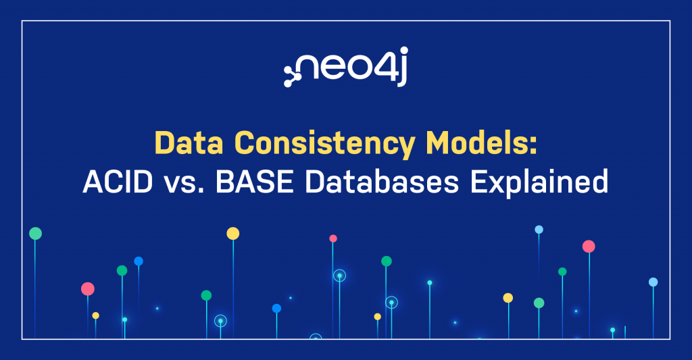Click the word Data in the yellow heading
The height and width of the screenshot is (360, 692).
click(189, 143)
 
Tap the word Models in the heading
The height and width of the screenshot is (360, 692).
click(476, 143)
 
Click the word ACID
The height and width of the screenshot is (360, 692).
click(118, 181)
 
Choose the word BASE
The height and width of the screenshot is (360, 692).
click(255, 181)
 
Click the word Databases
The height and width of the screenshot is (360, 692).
click(382, 181)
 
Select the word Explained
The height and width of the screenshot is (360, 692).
click(539, 183)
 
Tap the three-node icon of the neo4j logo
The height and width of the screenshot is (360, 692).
click(292, 75)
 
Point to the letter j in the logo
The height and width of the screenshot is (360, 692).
click(401, 67)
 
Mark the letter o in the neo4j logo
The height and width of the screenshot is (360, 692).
click(359, 68)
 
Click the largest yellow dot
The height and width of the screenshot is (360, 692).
click(233, 234)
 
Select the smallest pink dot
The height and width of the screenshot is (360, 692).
click(333, 238)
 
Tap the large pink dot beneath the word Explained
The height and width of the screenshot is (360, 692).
click(589, 247)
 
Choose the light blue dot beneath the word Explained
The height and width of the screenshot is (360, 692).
click(539, 230)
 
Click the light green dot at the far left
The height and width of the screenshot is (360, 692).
click(36, 234)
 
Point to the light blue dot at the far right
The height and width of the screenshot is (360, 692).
click(653, 282)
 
